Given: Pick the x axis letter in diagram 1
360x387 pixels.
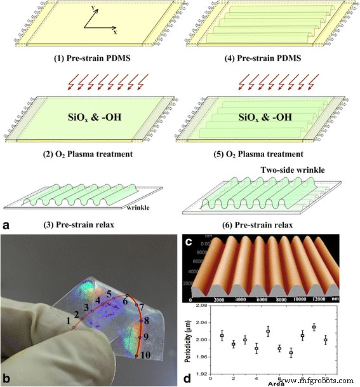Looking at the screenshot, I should click(x=114, y=31).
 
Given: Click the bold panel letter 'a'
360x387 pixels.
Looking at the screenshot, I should click(x=5, y=226).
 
